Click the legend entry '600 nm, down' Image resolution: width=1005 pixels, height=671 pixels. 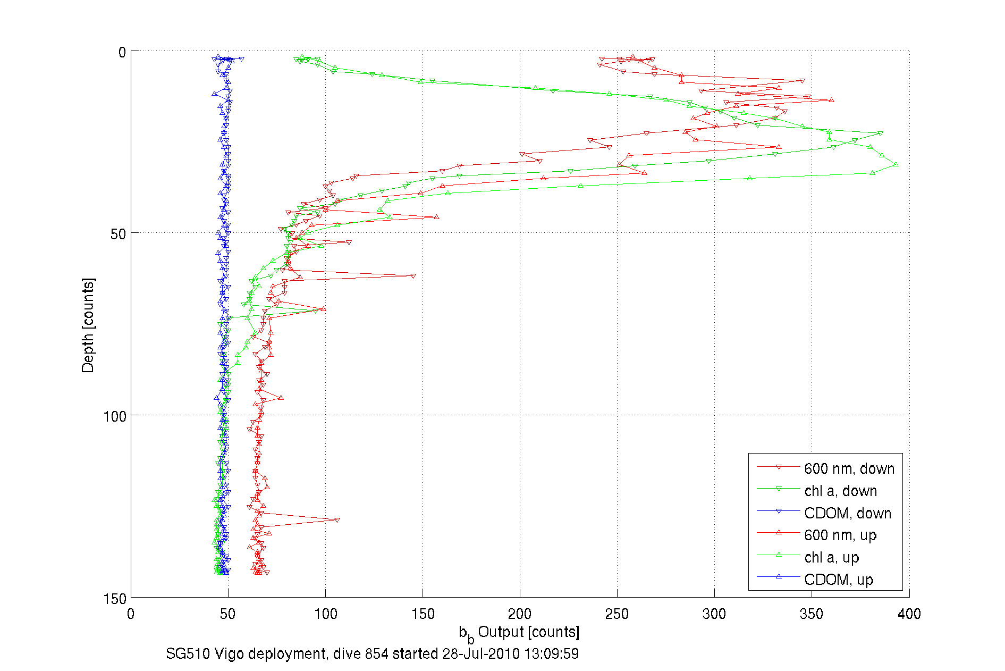coord(849,468)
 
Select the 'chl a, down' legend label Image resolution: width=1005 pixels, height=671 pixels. coord(840,491)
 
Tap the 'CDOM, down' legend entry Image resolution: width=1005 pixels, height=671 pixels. coord(847,513)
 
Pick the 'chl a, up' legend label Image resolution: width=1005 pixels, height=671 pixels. coord(831,557)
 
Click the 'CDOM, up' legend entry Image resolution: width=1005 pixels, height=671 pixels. coord(838,580)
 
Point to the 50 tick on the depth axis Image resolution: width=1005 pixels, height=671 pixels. coord(118,234)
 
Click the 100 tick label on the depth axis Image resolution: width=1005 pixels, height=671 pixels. coord(114,416)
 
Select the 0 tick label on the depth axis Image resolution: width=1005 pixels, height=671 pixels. coord(122,52)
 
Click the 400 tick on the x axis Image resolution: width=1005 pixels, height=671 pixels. coord(909,614)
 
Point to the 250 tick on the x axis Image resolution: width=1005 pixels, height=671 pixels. coord(617,614)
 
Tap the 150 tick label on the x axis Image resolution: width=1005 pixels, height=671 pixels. coord(423,614)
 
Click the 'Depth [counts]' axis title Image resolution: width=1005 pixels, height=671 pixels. coord(88,325)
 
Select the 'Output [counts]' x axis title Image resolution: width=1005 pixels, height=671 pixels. coord(528,632)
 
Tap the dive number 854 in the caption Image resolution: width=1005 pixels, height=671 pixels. coord(376,653)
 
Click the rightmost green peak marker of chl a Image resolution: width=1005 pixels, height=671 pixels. coord(896,165)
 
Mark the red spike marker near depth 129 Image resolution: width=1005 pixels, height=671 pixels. coord(337,520)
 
